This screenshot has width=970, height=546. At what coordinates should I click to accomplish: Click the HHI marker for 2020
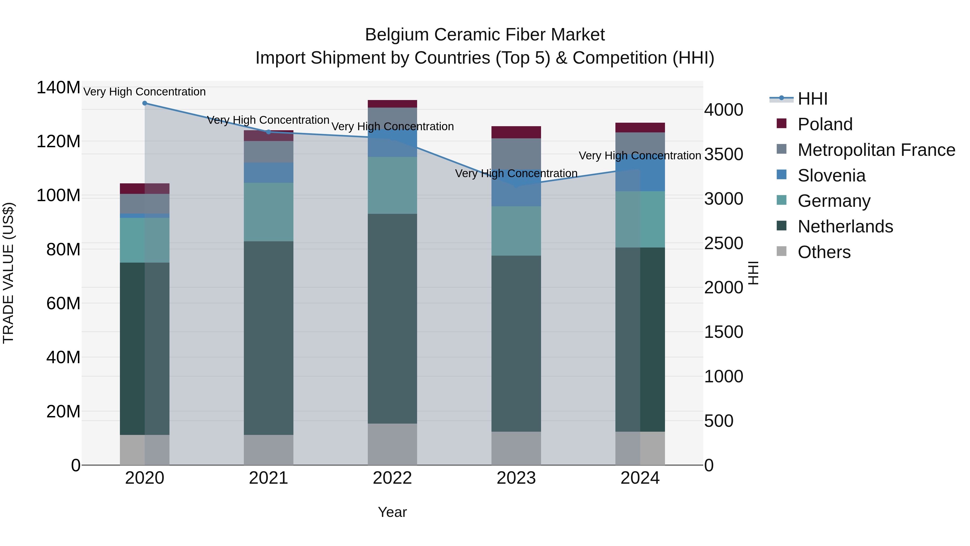[x=145, y=103]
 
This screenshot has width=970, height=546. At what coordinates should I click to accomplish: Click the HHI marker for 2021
[x=268, y=132]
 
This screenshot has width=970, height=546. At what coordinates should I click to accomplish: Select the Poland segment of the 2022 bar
[x=392, y=104]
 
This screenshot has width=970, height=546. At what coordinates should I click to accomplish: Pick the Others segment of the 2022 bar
[x=392, y=444]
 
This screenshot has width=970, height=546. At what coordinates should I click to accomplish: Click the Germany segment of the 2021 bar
[x=268, y=212]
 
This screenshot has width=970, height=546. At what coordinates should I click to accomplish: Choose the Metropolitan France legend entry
[x=876, y=150]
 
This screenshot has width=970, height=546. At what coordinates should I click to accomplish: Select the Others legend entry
[x=824, y=252]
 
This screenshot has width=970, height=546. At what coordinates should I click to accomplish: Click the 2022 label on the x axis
[x=392, y=478]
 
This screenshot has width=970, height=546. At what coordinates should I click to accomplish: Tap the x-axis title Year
[x=392, y=512]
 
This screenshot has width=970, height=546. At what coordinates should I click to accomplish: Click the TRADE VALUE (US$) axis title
[x=9, y=273]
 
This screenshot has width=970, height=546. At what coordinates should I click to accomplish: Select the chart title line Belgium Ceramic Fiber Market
[x=485, y=35]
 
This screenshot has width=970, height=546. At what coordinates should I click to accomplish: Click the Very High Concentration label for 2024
[x=640, y=156]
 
